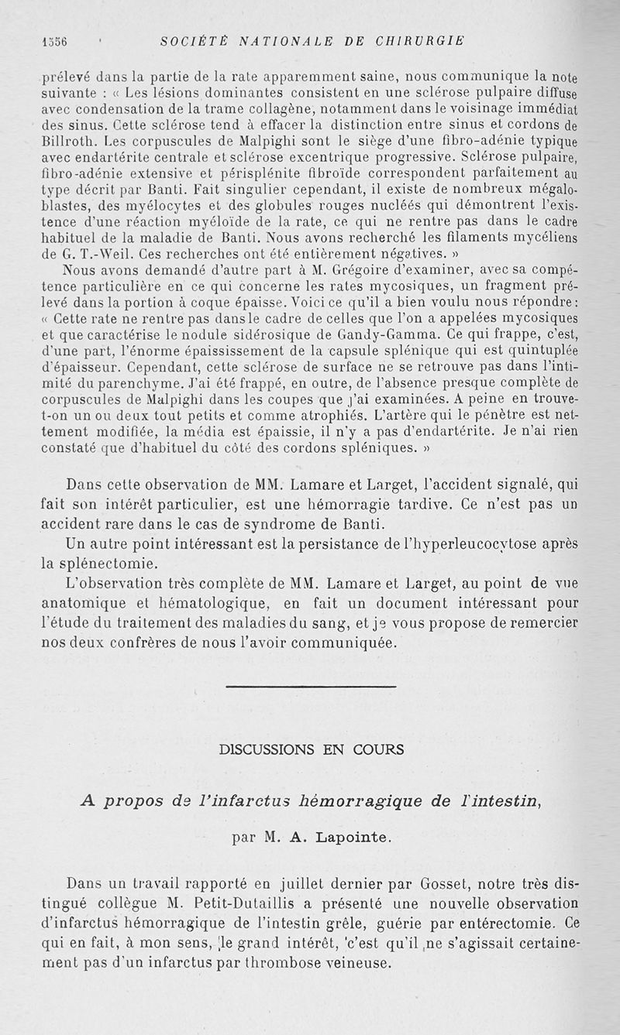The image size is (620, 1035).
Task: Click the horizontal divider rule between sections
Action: [310, 686]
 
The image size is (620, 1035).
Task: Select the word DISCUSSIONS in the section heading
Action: [267, 749]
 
